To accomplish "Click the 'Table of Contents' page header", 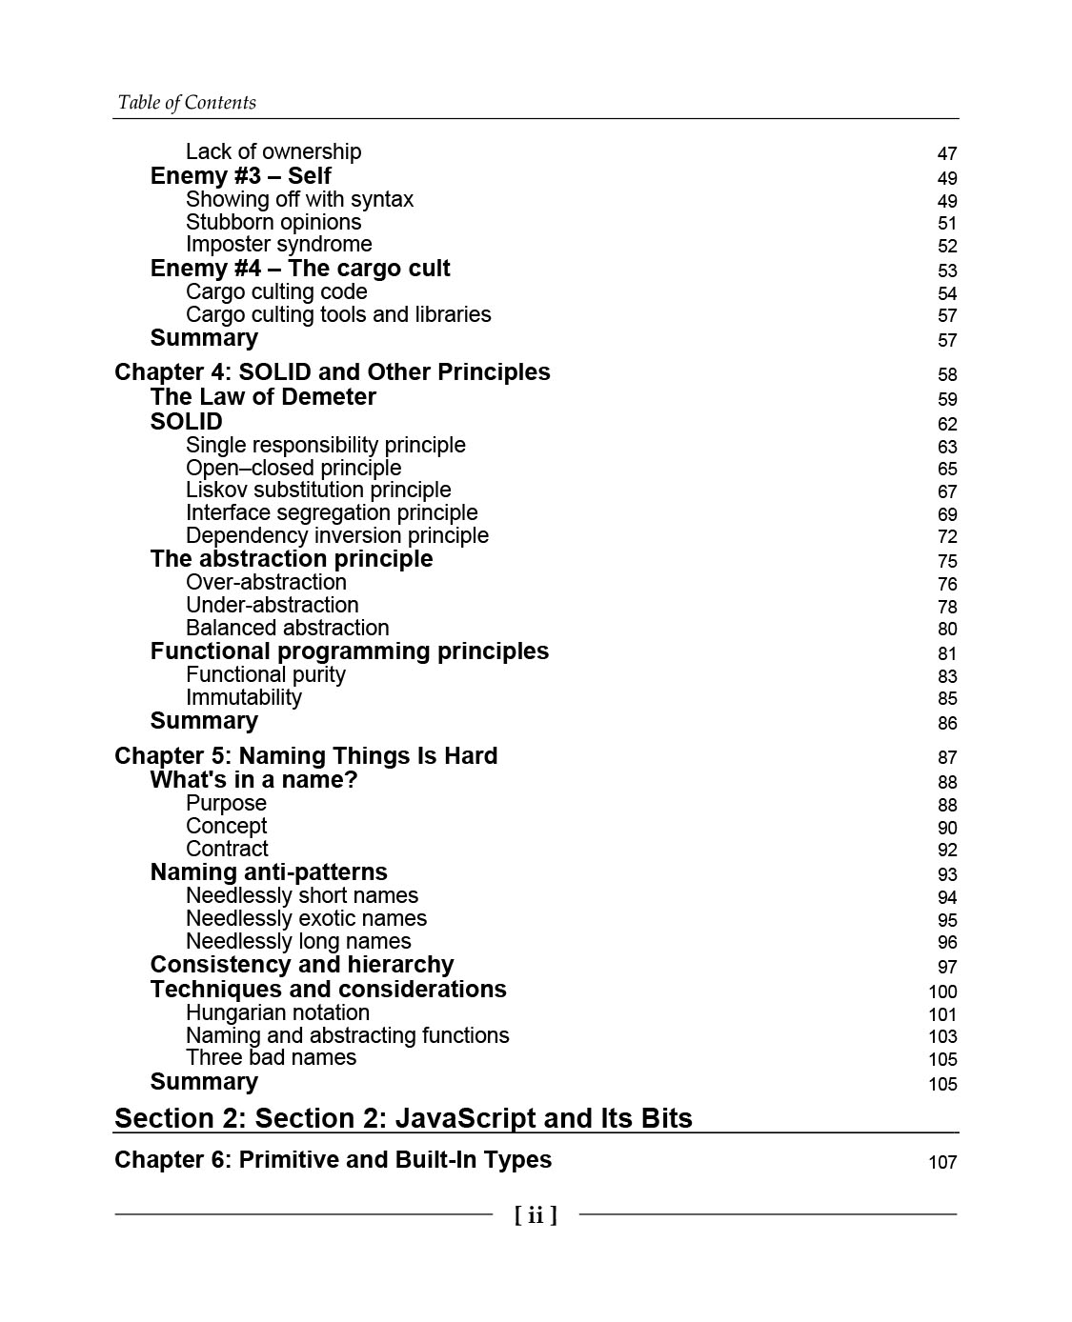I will [x=187, y=103].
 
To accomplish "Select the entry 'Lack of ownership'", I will [x=273, y=152].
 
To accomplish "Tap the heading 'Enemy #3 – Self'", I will [x=240, y=176].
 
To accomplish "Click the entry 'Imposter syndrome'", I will [x=278, y=245].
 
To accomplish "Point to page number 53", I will [x=946, y=271].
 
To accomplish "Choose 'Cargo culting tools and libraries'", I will [x=338, y=315].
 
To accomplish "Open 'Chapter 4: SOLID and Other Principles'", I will [x=332, y=372].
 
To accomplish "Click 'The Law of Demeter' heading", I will [x=263, y=397].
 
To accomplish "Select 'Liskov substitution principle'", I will [x=318, y=491].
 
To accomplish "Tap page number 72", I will [x=946, y=537].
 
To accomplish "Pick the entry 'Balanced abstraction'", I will [x=287, y=629].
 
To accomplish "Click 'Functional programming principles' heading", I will [x=349, y=651].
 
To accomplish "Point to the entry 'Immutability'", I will [x=243, y=698].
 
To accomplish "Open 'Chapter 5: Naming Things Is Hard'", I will [x=306, y=756].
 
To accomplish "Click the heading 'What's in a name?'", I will [x=253, y=780].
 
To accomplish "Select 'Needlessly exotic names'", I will [x=306, y=919].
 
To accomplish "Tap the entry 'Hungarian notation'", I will [x=277, y=1013].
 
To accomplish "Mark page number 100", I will [x=942, y=992].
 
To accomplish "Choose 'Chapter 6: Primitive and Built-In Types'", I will [x=333, y=1160].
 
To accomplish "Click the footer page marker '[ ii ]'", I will [x=536, y=1215].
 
